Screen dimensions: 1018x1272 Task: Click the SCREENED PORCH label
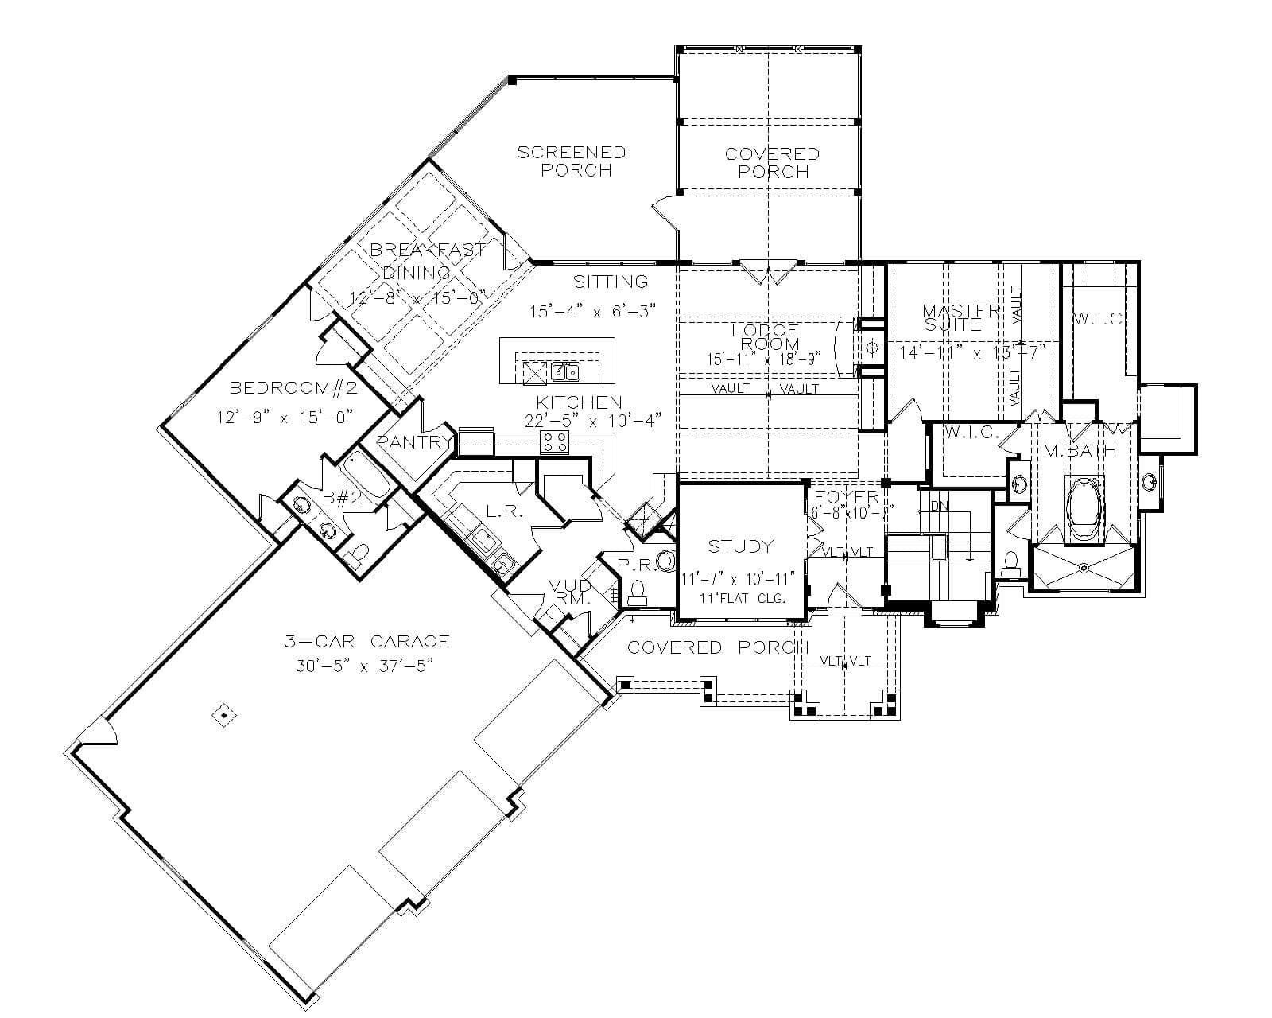pyautogui.click(x=572, y=161)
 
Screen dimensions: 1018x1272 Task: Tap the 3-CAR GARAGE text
pyautogui.click(x=367, y=641)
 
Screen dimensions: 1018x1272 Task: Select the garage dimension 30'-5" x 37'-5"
pyautogui.click(x=363, y=666)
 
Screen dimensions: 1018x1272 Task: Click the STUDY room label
pyautogui.click(x=740, y=546)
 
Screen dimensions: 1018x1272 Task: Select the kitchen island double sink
pyautogui.click(x=565, y=371)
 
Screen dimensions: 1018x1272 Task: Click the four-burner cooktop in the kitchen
pyautogui.click(x=554, y=442)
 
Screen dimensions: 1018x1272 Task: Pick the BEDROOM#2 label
pyautogui.click(x=293, y=388)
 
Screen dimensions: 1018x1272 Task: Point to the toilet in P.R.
pyautogui.click(x=637, y=589)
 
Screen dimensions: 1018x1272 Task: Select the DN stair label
pyautogui.click(x=938, y=506)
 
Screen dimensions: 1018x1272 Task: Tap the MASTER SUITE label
pyautogui.click(x=960, y=317)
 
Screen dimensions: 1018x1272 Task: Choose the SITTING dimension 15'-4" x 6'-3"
pyautogui.click(x=592, y=311)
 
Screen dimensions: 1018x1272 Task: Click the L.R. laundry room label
pyautogui.click(x=503, y=511)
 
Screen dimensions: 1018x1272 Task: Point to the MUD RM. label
pyautogui.click(x=569, y=593)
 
